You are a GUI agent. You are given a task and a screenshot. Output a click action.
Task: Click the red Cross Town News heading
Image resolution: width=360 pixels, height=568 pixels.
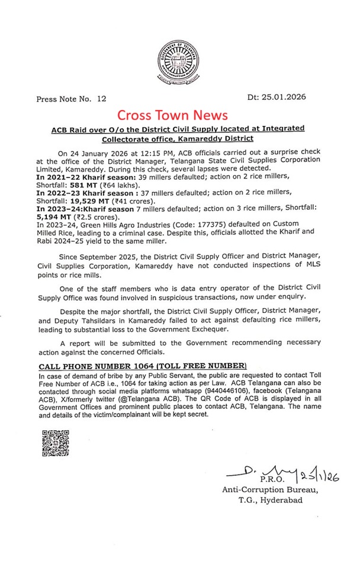click(172, 115)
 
